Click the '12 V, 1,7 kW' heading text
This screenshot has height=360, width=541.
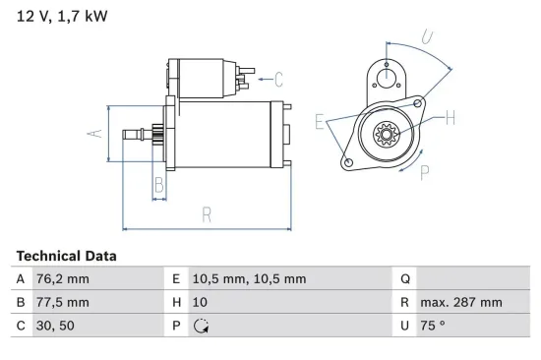pyautogui.click(x=62, y=16)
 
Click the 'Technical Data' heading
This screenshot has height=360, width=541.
pyautogui.click(x=66, y=256)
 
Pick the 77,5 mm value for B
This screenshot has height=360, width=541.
pyautogui.click(x=63, y=303)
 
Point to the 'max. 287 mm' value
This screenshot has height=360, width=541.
pyautogui.click(x=461, y=303)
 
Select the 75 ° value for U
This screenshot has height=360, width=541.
pyautogui.click(x=434, y=327)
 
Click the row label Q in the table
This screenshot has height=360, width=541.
pyautogui.click(x=405, y=279)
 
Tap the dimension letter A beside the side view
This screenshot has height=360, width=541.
pyautogui.click(x=94, y=133)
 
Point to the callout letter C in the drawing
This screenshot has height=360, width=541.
pyautogui.click(x=278, y=79)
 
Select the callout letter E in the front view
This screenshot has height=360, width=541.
pyautogui.click(x=320, y=122)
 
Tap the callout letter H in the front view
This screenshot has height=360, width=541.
pyautogui.click(x=450, y=118)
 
